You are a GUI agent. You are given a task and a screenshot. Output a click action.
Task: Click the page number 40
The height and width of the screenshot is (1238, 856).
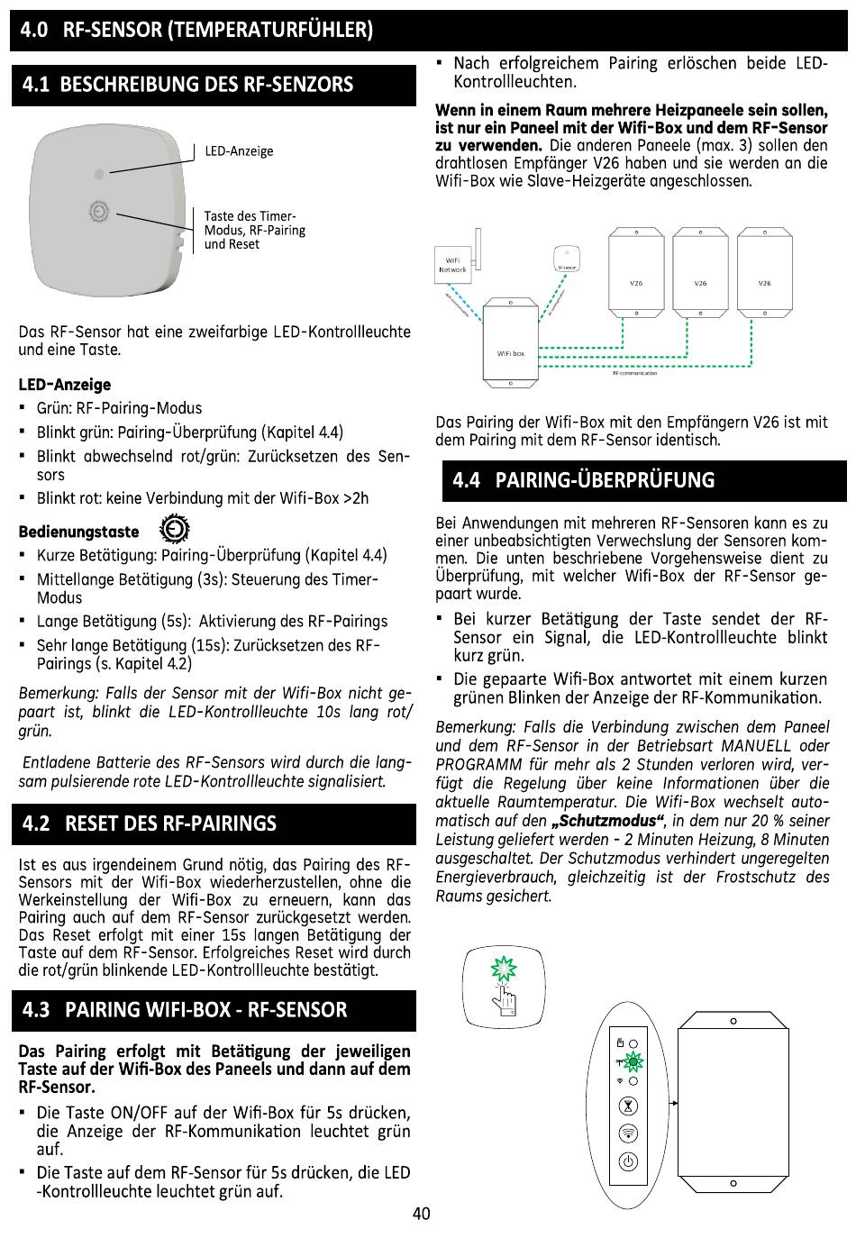pyautogui.click(x=422, y=1213)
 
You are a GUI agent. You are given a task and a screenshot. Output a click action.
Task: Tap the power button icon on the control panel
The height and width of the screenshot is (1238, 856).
pyautogui.click(x=629, y=1162)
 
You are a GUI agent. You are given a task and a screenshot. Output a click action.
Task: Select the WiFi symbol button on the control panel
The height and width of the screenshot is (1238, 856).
pyautogui.click(x=629, y=1133)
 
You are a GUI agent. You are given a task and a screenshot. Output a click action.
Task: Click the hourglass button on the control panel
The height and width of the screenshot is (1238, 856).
pyautogui.click(x=629, y=1106)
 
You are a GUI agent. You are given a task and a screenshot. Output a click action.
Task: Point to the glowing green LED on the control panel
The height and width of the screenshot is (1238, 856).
pyautogui.click(x=633, y=1062)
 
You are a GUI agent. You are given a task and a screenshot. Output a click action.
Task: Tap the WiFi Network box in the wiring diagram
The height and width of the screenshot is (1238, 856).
pyautogui.click(x=452, y=266)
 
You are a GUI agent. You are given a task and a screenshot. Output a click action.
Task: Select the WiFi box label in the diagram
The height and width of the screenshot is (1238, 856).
pyautogui.click(x=511, y=353)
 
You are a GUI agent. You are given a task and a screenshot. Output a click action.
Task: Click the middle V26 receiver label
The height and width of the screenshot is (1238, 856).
pyautogui.click(x=700, y=283)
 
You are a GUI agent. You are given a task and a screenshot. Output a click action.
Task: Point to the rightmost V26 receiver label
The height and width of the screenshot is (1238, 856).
pyautogui.click(x=764, y=283)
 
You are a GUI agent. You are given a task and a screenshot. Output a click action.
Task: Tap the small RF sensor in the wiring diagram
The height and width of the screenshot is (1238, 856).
pyautogui.click(x=567, y=258)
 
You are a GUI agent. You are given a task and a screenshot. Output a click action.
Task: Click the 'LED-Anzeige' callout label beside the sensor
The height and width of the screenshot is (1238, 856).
pyautogui.click(x=239, y=151)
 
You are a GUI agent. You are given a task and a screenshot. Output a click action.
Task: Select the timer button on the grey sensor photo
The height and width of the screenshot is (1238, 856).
pyautogui.click(x=99, y=212)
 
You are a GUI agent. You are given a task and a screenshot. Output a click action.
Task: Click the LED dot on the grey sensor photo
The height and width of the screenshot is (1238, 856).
pyautogui.click(x=99, y=174)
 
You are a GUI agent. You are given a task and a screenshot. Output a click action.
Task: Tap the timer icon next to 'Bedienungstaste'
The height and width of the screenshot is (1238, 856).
pyautogui.click(x=175, y=530)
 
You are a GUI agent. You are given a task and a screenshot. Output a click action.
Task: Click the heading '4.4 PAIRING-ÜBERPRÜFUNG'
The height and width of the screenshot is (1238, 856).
pyautogui.click(x=583, y=479)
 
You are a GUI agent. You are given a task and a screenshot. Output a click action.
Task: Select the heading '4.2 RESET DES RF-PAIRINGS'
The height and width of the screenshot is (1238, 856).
pyautogui.click(x=150, y=824)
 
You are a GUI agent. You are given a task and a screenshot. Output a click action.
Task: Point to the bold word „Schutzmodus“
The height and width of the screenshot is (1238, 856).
pyautogui.click(x=607, y=821)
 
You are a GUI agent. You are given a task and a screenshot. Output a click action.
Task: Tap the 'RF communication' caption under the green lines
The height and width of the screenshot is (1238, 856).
pyautogui.click(x=634, y=373)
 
